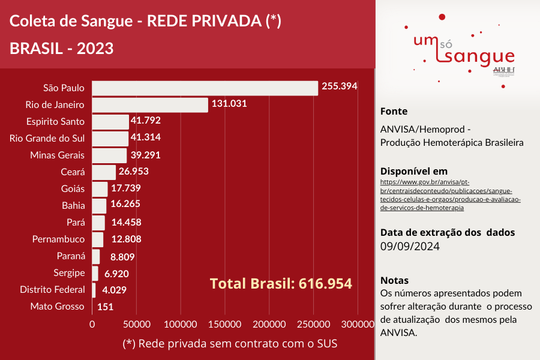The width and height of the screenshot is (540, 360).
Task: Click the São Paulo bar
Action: [205, 88]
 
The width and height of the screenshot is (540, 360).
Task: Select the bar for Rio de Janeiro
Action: [150, 104]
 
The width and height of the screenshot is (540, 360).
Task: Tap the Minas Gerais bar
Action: [109, 155]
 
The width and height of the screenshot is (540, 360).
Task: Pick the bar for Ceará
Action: [104, 172]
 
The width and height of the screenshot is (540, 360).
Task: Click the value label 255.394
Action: [339, 86]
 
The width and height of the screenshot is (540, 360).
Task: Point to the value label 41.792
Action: [147, 121]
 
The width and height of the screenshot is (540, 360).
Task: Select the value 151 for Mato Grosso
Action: [105, 307]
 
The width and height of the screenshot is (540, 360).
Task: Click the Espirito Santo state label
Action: [55, 121]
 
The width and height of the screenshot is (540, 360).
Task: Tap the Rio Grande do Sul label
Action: [47, 138]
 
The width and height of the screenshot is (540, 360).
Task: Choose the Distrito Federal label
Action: [52, 290]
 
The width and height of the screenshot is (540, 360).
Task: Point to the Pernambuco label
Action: [58, 239]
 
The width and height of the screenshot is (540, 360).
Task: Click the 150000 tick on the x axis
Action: [225, 324]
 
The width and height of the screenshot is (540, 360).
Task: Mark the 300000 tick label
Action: [357, 324]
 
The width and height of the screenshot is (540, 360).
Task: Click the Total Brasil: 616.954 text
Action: [281, 283]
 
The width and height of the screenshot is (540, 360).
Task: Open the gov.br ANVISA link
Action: [451, 194]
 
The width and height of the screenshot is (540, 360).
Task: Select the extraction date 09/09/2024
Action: [410, 246]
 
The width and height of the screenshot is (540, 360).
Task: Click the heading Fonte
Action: [394, 111]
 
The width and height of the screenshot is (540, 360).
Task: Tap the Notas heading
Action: [394, 280]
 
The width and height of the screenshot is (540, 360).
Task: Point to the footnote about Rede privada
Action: [230, 344]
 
